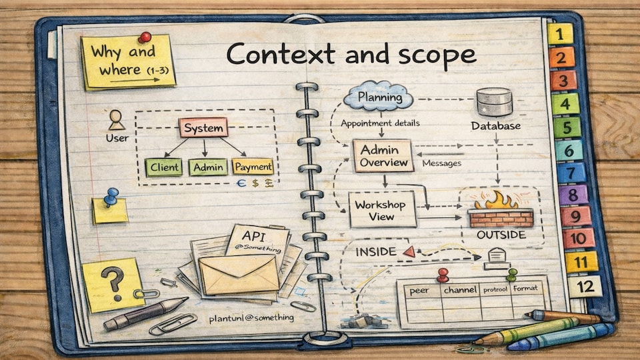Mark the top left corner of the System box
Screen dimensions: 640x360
179,119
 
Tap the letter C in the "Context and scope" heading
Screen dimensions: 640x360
239,54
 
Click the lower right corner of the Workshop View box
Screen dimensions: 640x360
416,226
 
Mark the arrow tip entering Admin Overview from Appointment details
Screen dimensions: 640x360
381,136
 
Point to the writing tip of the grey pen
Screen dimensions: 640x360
187,299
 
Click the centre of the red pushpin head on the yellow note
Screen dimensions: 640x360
145,37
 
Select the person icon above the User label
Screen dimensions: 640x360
116,120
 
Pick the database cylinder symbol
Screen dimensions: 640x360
494,102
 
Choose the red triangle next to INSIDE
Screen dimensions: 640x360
409,251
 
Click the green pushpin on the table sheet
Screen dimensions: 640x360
512,274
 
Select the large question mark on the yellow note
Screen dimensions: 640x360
114,283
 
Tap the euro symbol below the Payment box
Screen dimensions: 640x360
241,183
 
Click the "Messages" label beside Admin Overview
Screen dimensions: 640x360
441,163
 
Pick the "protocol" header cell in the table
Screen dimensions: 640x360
495,289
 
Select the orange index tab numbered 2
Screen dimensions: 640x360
561,57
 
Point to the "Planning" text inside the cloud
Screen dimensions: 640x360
380,97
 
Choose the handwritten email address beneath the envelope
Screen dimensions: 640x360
251,317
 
